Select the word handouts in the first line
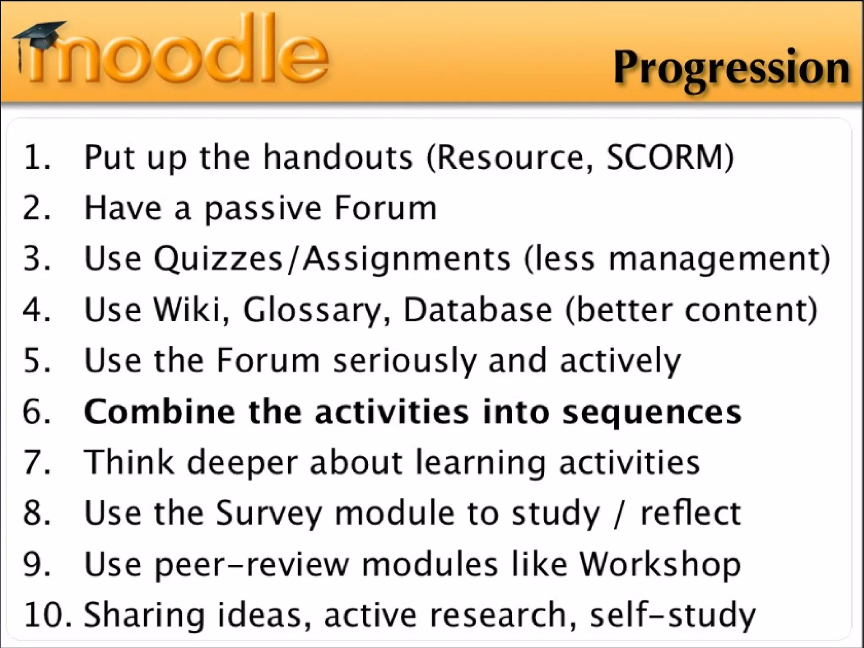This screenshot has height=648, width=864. [338, 157]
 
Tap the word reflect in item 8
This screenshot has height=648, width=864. [690, 513]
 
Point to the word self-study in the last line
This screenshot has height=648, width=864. [672, 615]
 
